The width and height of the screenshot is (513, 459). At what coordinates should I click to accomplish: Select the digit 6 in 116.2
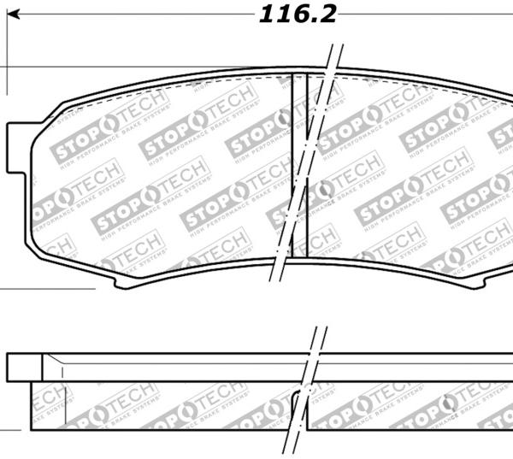pyautogui.click(x=302, y=15)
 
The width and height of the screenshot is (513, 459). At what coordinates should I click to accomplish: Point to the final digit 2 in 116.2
pyautogui.click(x=328, y=15)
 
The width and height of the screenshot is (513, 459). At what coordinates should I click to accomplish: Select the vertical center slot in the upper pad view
pyautogui.click(x=299, y=167)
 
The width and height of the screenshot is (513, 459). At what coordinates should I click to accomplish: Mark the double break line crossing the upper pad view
pyautogui.click(x=308, y=162)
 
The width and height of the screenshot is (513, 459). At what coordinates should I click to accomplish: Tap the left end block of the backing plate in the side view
pyautogui.click(x=23, y=367)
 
